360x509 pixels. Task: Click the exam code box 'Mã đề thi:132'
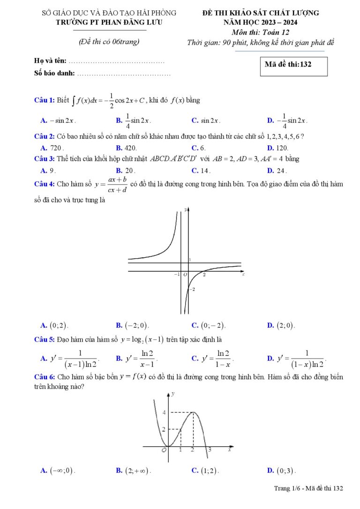point(293,66)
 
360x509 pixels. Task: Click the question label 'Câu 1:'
point(45,100)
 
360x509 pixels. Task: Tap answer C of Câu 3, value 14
point(201,171)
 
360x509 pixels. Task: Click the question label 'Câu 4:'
point(45,184)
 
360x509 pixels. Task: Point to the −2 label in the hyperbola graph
point(191,290)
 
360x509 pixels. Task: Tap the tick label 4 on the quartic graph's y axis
point(164,412)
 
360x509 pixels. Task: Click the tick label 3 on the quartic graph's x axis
point(210,450)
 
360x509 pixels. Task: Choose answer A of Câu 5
point(70,359)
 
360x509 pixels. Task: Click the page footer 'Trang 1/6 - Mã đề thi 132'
point(308,489)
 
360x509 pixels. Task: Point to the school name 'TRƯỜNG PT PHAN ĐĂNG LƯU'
point(110,22)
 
